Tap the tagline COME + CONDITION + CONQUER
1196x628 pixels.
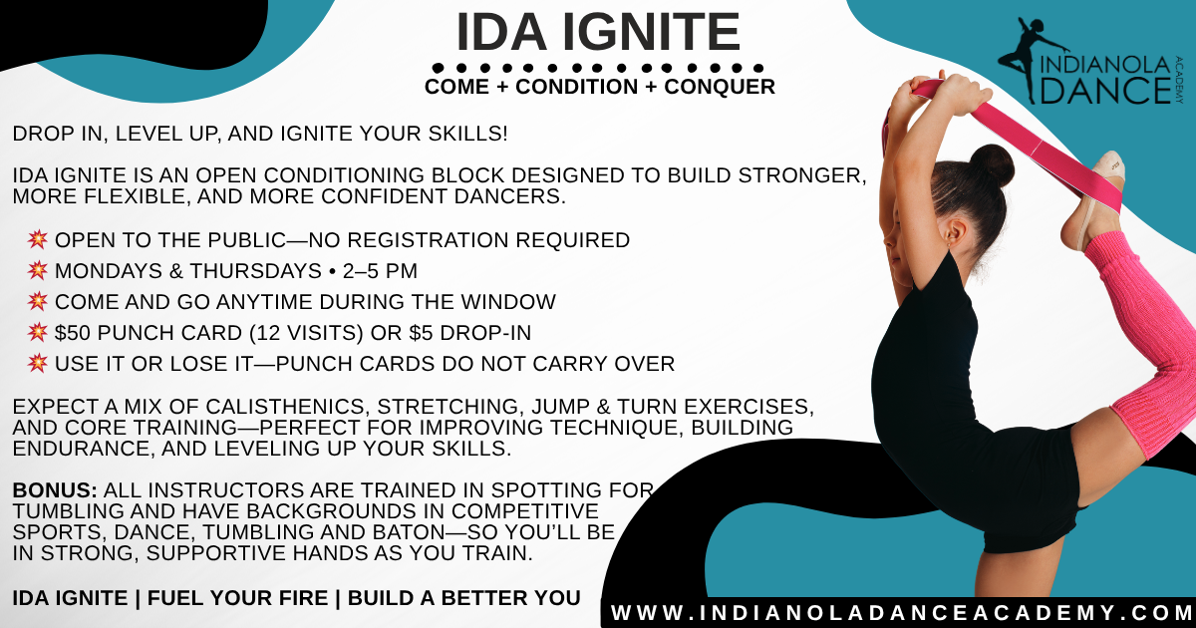(x=599, y=87)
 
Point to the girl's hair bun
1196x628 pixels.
(x=993, y=165)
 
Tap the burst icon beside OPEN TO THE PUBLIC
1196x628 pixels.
(x=38, y=240)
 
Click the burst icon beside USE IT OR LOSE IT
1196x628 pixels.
(x=38, y=363)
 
